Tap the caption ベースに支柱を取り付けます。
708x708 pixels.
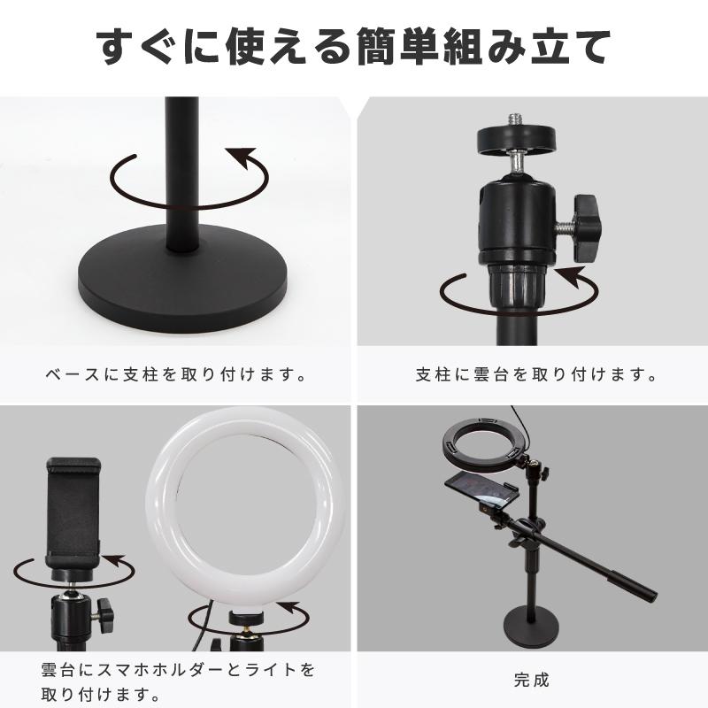[176, 374]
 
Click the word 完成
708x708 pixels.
[531, 681]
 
